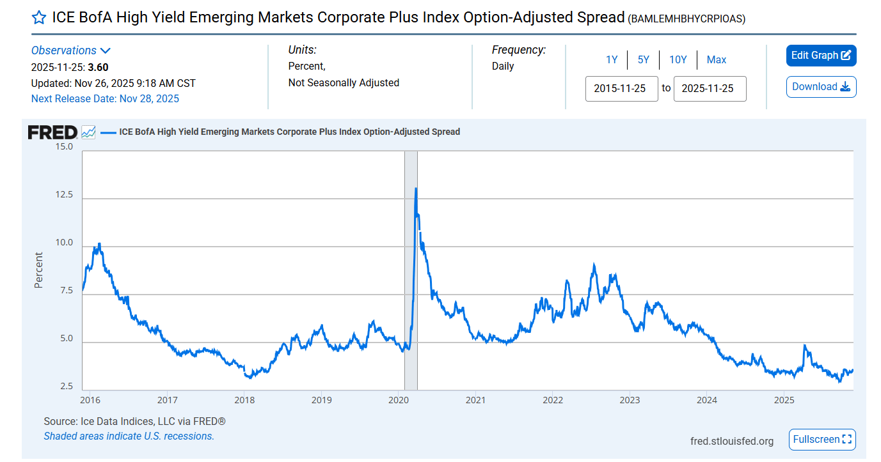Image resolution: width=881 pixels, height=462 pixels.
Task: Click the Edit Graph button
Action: tap(821, 56)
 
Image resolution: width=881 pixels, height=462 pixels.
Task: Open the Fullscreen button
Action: tap(822, 440)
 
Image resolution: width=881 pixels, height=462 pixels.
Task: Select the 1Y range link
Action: tap(612, 60)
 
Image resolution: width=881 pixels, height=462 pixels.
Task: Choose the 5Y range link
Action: tap(643, 60)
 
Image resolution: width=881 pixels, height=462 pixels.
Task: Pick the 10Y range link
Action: tap(678, 60)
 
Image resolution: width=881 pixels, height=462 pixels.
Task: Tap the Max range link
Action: tap(716, 60)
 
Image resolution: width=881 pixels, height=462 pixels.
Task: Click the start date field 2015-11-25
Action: tap(621, 89)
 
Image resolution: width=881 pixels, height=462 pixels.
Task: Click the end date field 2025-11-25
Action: tap(710, 89)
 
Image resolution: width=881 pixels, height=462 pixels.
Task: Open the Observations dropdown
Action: tap(71, 50)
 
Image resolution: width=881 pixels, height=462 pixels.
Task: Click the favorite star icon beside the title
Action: tap(38, 18)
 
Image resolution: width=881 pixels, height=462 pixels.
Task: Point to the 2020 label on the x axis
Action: tap(398, 400)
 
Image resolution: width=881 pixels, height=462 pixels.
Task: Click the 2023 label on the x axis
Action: tap(630, 400)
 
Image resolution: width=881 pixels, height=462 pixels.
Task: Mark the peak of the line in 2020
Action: tap(416, 189)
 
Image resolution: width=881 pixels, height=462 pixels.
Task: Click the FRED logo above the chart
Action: tap(52, 132)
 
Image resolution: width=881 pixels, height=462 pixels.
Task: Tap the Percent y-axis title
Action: tap(39, 270)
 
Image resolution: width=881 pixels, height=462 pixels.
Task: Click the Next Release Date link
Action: tap(105, 98)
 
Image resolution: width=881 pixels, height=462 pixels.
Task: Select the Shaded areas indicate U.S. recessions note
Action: tap(129, 436)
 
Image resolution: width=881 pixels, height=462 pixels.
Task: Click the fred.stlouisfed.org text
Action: tap(731, 441)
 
